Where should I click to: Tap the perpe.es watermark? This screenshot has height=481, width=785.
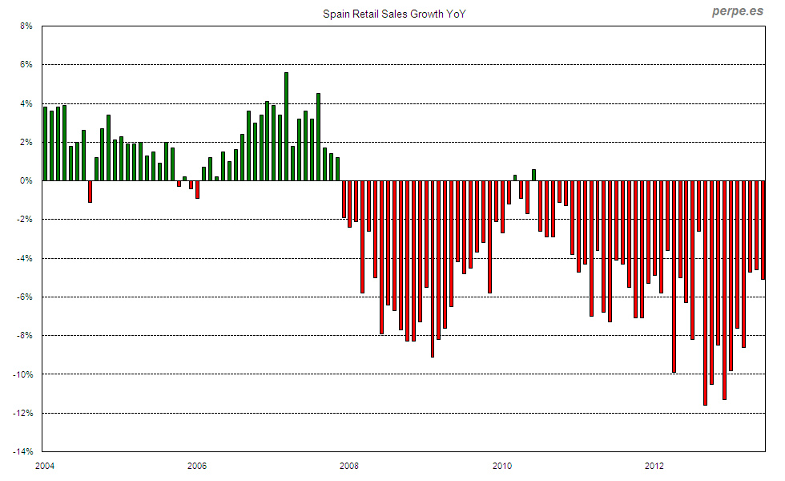[x=738, y=11]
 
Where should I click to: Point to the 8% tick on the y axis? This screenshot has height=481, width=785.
[x=26, y=26]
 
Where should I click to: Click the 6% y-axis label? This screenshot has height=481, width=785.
[x=26, y=64]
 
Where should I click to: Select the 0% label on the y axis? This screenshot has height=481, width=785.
[x=26, y=181]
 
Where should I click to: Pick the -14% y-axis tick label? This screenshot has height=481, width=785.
[x=23, y=452]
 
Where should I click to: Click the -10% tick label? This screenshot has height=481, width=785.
[x=23, y=374]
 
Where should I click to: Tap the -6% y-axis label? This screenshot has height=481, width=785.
[x=25, y=297]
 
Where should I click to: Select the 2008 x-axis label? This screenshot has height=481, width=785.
[x=349, y=466]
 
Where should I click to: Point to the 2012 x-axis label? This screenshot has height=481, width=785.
[x=654, y=466]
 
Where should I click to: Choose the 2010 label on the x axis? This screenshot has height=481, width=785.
[x=502, y=466]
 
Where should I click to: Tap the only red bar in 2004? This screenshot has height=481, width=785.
[x=90, y=192]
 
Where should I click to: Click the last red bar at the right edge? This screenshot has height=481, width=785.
[x=763, y=230]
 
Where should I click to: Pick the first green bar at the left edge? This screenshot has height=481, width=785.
[x=45, y=144]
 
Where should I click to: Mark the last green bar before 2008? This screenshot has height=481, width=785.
[x=337, y=169]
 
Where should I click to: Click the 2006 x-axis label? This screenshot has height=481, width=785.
[x=197, y=466]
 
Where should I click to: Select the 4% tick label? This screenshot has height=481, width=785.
[x=26, y=103]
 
